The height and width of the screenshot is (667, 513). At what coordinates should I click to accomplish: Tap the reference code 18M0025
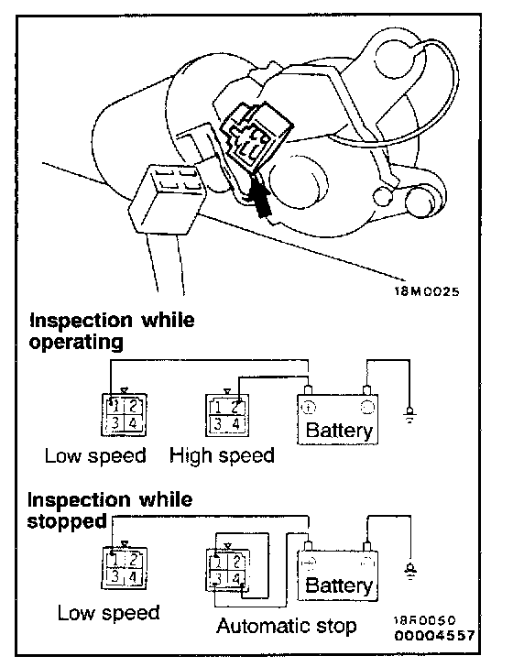(426, 291)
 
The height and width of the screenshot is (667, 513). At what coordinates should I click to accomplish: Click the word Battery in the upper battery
(339, 430)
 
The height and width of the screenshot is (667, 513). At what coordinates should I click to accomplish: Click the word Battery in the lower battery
(339, 585)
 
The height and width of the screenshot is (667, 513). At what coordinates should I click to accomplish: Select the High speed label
(222, 455)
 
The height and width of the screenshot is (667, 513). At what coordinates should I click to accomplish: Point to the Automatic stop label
(287, 626)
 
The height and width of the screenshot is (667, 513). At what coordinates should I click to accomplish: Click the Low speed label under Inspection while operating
(95, 455)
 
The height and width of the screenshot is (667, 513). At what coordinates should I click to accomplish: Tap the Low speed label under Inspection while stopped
(108, 613)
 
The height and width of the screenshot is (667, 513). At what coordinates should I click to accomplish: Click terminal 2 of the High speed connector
(235, 407)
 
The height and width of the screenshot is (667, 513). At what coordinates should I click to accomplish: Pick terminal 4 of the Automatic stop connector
(236, 577)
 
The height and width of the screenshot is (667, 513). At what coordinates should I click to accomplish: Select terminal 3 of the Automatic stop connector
(218, 577)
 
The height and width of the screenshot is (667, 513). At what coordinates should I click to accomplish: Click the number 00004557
(434, 636)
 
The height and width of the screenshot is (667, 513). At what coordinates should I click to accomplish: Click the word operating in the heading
(76, 342)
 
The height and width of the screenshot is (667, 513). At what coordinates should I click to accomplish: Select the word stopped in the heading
(67, 520)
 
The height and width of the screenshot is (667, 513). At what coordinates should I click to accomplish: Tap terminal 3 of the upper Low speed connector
(115, 423)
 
